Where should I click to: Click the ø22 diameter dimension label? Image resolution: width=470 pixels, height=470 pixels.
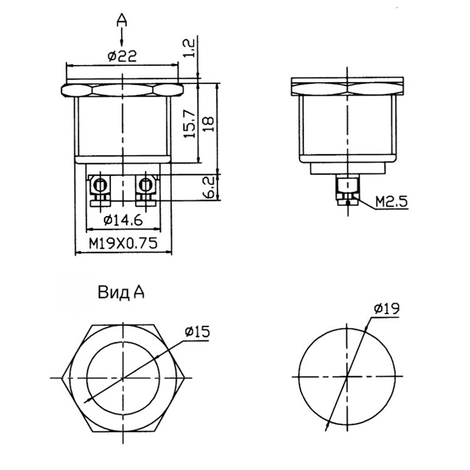[x=122, y=56]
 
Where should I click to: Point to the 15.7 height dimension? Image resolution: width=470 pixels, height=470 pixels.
[x=190, y=123]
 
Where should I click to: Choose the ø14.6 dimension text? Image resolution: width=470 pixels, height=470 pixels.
[x=123, y=221]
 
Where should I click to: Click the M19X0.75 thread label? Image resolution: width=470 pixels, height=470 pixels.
[x=123, y=244]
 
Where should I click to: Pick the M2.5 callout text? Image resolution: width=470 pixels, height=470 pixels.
[x=392, y=202]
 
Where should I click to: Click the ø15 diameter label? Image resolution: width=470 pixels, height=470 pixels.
[x=197, y=332]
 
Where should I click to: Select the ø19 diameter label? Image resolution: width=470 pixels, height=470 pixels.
[x=387, y=308]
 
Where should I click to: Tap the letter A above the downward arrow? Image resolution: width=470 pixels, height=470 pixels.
[x=122, y=21]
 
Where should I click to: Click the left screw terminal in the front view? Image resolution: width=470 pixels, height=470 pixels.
[x=100, y=191]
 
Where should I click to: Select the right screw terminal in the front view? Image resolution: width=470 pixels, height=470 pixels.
[x=145, y=191]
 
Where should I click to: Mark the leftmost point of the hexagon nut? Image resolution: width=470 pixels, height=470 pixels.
[x=61, y=378]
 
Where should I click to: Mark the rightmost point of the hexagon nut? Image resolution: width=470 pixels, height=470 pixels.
[x=184, y=378]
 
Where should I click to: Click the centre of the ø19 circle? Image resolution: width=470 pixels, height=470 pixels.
[x=347, y=376]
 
